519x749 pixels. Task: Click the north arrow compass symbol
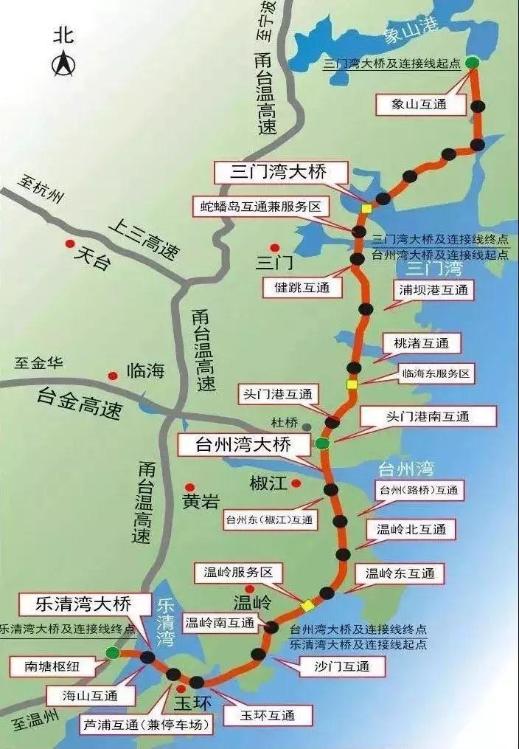(x=62, y=66)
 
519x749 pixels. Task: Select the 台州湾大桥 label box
(x=243, y=445)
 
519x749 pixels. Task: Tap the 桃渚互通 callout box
(x=421, y=343)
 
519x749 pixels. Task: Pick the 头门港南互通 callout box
(x=427, y=416)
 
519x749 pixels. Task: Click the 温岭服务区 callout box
(x=233, y=572)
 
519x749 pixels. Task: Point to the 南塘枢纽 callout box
(x=52, y=668)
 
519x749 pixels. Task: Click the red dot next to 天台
(x=70, y=244)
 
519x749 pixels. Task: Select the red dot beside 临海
(x=113, y=374)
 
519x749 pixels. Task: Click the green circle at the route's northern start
(x=472, y=63)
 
